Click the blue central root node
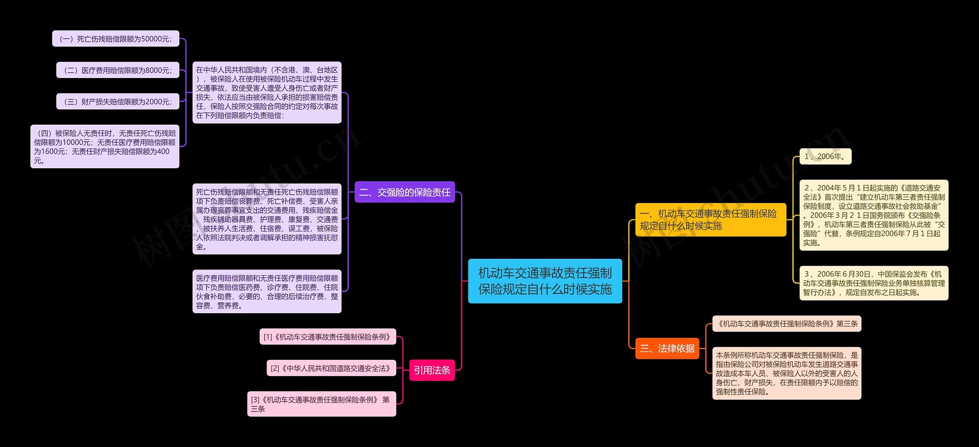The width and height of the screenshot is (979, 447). pyautogui.click(x=545, y=281)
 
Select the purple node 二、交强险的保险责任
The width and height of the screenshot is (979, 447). pyautogui.click(x=405, y=192)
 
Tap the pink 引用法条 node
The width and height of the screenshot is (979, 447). pyautogui.click(x=432, y=370)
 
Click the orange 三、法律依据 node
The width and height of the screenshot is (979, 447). pyautogui.click(x=667, y=348)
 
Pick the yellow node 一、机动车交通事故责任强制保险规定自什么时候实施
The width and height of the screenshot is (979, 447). pyautogui.click(x=711, y=220)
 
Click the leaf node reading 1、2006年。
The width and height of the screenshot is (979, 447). pyautogui.click(x=825, y=156)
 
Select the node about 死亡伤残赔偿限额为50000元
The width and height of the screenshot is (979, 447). pyautogui.click(x=115, y=39)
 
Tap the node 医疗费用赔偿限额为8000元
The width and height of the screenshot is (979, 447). pyautogui.click(x=118, y=70)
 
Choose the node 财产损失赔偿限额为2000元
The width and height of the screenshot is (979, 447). pyautogui.click(x=118, y=101)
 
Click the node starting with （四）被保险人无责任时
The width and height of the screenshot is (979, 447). pyautogui.click(x=105, y=146)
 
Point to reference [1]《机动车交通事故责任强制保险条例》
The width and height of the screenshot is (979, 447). pyautogui.click(x=328, y=336)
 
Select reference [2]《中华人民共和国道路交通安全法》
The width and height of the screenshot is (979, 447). pyautogui.click(x=331, y=368)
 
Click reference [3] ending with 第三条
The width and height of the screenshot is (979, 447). pyautogui.click(x=322, y=404)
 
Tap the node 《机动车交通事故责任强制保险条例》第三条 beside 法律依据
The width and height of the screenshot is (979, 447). pyautogui.click(x=787, y=323)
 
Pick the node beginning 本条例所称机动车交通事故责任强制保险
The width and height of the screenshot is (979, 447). pyautogui.click(x=787, y=373)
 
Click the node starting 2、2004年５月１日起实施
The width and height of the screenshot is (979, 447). pyautogui.click(x=874, y=215)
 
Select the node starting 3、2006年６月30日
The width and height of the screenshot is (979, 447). pyautogui.click(x=874, y=283)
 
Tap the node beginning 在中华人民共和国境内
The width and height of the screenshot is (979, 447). pyautogui.click(x=267, y=93)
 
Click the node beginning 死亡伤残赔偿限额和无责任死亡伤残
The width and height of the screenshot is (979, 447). pyautogui.click(x=267, y=219)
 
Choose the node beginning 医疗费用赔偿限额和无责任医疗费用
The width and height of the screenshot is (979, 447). pyautogui.click(x=267, y=291)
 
